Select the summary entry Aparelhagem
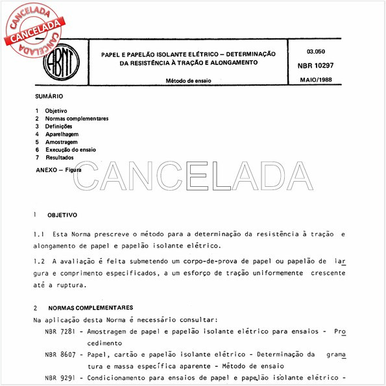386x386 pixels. pos(62,134)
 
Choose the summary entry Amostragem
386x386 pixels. pos(62,141)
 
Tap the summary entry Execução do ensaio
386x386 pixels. pos(71,149)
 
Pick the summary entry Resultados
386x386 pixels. pos(60,157)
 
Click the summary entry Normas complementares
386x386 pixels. pos(77,119)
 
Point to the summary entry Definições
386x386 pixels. pos(58,126)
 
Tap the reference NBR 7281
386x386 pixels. pos(58,332)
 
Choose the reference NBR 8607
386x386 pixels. pos(58,355)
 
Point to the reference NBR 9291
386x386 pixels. pos(58,378)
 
